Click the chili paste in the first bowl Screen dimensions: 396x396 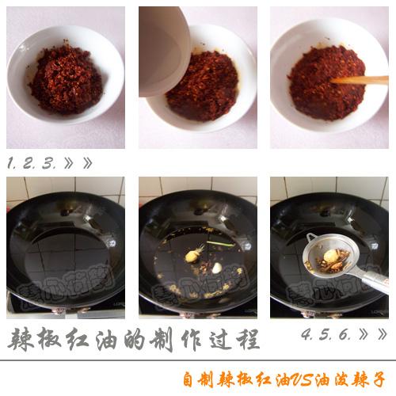(x=66, y=78)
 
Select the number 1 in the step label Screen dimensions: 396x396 (x=12, y=164)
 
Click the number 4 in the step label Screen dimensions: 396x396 (x=307, y=335)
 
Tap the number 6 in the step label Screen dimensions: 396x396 (x=345, y=335)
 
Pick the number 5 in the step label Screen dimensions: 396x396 (x=326, y=335)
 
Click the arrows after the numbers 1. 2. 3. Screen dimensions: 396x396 (x=78, y=164)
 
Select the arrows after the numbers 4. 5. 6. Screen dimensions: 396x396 (x=373, y=335)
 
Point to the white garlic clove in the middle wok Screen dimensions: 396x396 (x=216, y=268)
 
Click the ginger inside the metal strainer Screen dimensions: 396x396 (x=330, y=255)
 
